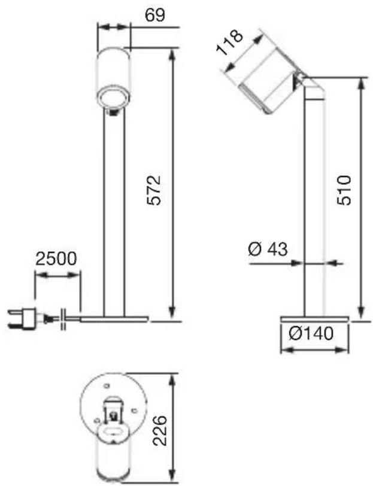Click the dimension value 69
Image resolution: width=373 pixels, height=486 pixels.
155,15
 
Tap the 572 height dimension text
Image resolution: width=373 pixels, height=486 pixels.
154,190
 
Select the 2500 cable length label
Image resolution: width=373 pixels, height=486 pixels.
56,259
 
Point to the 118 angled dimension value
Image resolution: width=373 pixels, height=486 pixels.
230,42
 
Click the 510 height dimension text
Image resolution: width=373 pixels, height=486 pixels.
344,190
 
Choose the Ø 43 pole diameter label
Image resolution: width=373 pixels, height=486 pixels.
268,248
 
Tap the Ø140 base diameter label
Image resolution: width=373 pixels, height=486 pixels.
311,333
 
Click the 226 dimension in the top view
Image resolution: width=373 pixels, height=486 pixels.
161,431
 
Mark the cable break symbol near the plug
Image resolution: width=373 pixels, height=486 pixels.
63,319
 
